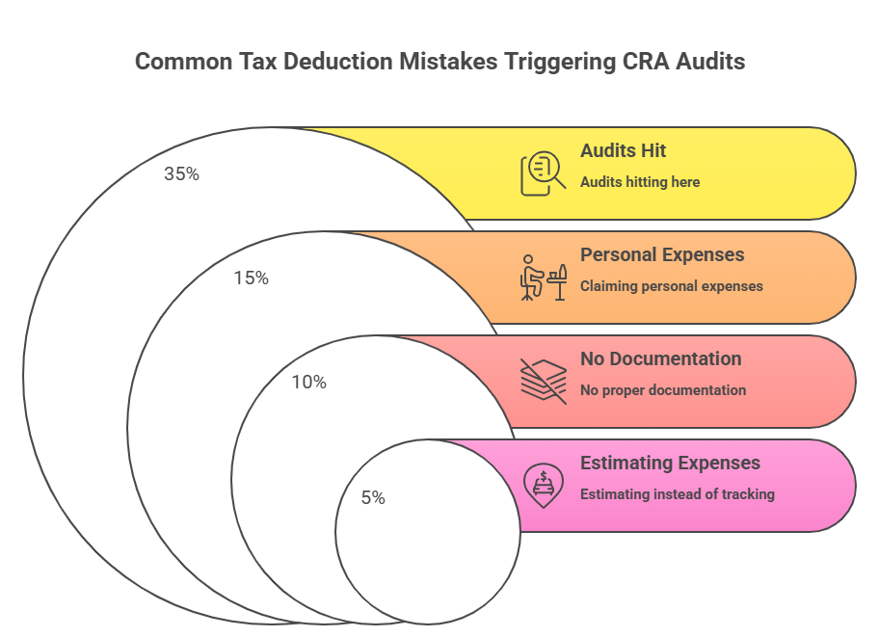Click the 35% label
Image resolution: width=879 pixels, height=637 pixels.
181,173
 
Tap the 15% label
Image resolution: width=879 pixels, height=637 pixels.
252,279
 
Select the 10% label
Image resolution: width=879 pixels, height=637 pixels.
308,383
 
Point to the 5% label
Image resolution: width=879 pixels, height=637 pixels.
373,497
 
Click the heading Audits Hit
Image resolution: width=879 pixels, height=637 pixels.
623,151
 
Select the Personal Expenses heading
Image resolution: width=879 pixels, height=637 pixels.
662,255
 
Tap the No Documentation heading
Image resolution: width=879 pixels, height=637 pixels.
661,358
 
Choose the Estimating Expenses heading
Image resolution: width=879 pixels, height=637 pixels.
670,464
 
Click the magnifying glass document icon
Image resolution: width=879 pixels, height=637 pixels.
543,173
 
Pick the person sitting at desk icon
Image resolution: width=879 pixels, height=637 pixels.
544,278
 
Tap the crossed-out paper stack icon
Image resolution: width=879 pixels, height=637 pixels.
544,382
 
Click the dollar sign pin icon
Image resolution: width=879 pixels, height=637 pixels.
543,486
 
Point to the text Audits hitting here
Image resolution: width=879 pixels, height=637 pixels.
640,182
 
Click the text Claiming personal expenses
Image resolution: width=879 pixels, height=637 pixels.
671,286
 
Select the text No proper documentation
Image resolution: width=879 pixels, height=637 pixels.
662,390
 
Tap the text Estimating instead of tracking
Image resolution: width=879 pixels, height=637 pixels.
678,494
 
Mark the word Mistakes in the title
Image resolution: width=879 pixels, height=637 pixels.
448,62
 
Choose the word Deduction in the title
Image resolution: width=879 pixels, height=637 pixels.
337,62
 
